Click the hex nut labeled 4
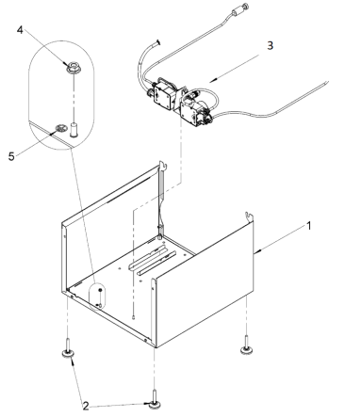[71, 68]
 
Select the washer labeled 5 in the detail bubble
[64, 121]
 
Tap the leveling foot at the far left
[69, 353]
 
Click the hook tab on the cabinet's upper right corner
[248, 217]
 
